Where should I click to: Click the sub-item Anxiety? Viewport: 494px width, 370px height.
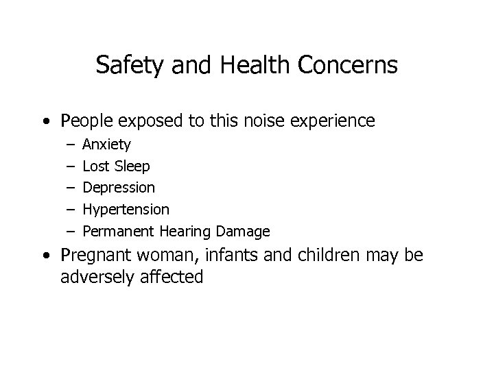pos(107,145)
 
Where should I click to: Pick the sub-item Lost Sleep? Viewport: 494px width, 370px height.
pos(116,166)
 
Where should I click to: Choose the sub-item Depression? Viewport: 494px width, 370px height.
pos(119,187)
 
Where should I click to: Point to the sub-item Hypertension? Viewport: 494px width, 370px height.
pos(126,208)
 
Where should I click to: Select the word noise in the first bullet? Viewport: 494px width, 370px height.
pos(257,121)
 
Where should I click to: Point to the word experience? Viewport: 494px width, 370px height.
pos(331,121)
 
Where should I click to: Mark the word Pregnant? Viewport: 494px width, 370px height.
pos(97,256)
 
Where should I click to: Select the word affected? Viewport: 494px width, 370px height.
pos(172,277)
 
